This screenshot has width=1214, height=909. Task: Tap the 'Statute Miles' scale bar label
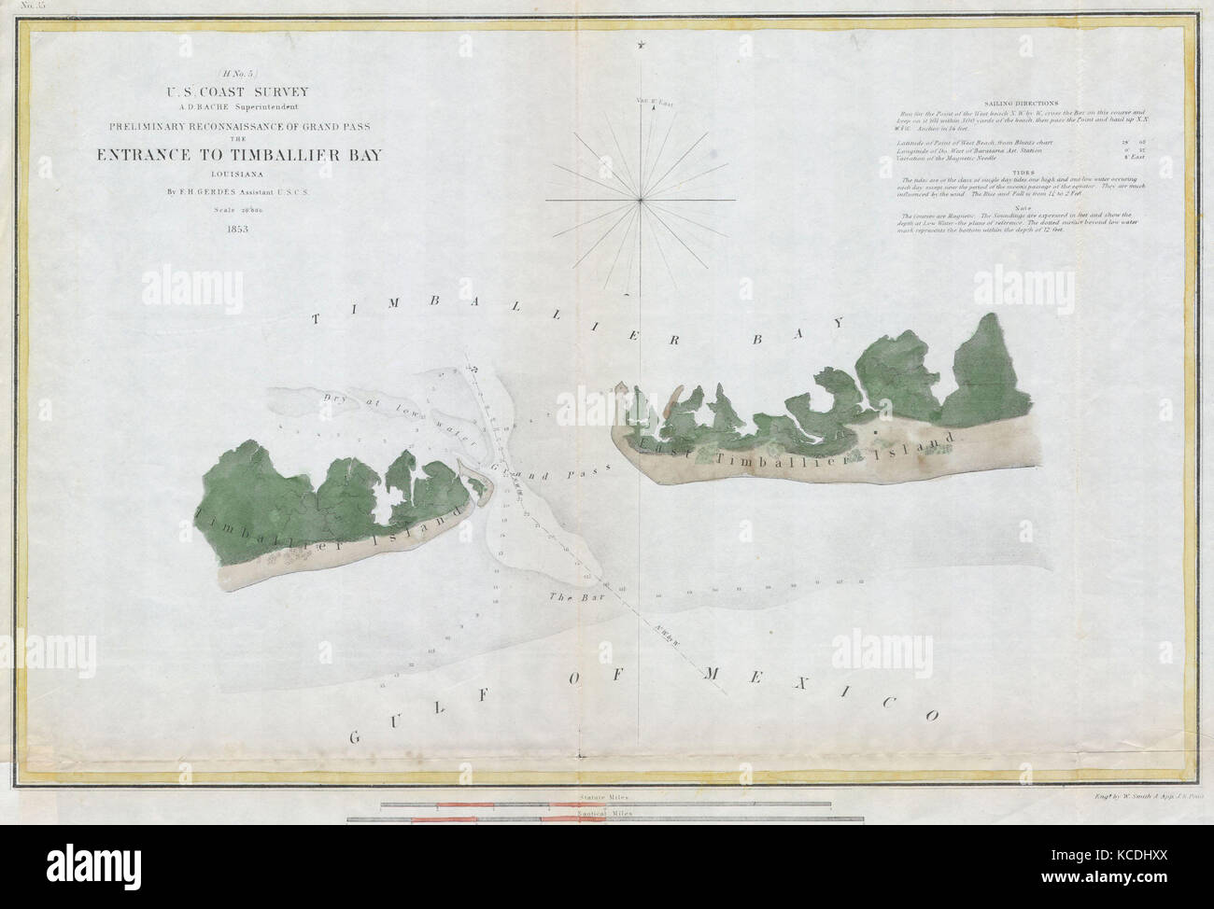click(604, 800)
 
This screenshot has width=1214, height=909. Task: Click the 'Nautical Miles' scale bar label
click(604, 816)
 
